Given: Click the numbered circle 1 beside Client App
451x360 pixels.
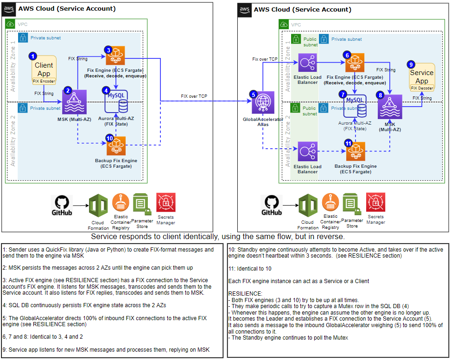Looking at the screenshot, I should [32, 56].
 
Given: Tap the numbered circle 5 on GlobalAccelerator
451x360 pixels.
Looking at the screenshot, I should [253, 94].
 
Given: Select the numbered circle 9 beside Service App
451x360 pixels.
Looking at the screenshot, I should [410, 64].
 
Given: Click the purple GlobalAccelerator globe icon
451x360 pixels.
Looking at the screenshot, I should [262, 103].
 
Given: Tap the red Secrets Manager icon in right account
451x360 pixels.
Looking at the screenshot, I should [375, 202].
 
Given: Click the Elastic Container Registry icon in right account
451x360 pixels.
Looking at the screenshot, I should [330, 202].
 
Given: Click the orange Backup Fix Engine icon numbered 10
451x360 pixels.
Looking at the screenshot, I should [116, 146].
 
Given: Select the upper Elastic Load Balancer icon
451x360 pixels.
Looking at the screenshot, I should [307, 63].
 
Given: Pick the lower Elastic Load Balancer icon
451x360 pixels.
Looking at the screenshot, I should [307, 152].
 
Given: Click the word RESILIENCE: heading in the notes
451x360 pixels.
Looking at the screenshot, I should [246, 294].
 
